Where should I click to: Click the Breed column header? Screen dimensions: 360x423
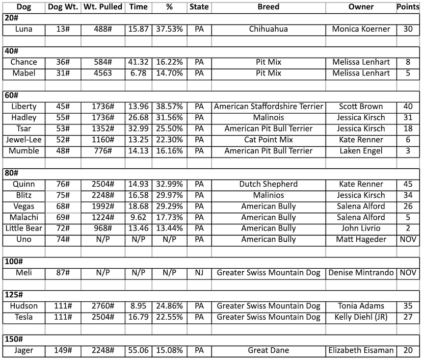pyautogui.click(x=268, y=7)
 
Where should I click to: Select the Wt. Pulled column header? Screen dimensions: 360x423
pyautogui.click(x=103, y=7)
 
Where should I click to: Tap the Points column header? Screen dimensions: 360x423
pyautogui.click(x=408, y=7)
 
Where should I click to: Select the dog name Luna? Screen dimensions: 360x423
pyautogui.click(x=23, y=29)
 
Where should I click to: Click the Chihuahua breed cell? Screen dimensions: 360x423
pyautogui.click(x=268, y=29)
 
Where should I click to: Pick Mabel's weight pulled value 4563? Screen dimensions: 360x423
pyautogui.click(x=103, y=73)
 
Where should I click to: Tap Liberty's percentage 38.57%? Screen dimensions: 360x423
pyautogui.click(x=169, y=107)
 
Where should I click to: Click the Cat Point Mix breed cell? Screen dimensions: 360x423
pyautogui.click(x=268, y=140)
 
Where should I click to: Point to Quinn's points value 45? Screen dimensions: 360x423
pyautogui.click(x=408, y=184)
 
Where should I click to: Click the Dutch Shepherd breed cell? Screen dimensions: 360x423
pyautogui.click(x=268, y=184)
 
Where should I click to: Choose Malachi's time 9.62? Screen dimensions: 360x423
pyautogui.click(x=139, y=217)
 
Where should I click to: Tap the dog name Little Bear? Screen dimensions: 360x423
pyautogui.click(x=23, y=228)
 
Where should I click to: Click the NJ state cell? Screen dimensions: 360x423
pyautogui.click(x=199, y=273)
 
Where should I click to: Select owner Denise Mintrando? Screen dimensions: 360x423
pyautogui.click(x=361, y=273)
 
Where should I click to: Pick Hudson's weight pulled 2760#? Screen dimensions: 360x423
pyautogui.click(x=103, y=306)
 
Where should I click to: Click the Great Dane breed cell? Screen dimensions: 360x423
pyautogui.click(x=268, y=350)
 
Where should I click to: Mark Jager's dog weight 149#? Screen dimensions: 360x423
pyautogui.click(x=63, y=350)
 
